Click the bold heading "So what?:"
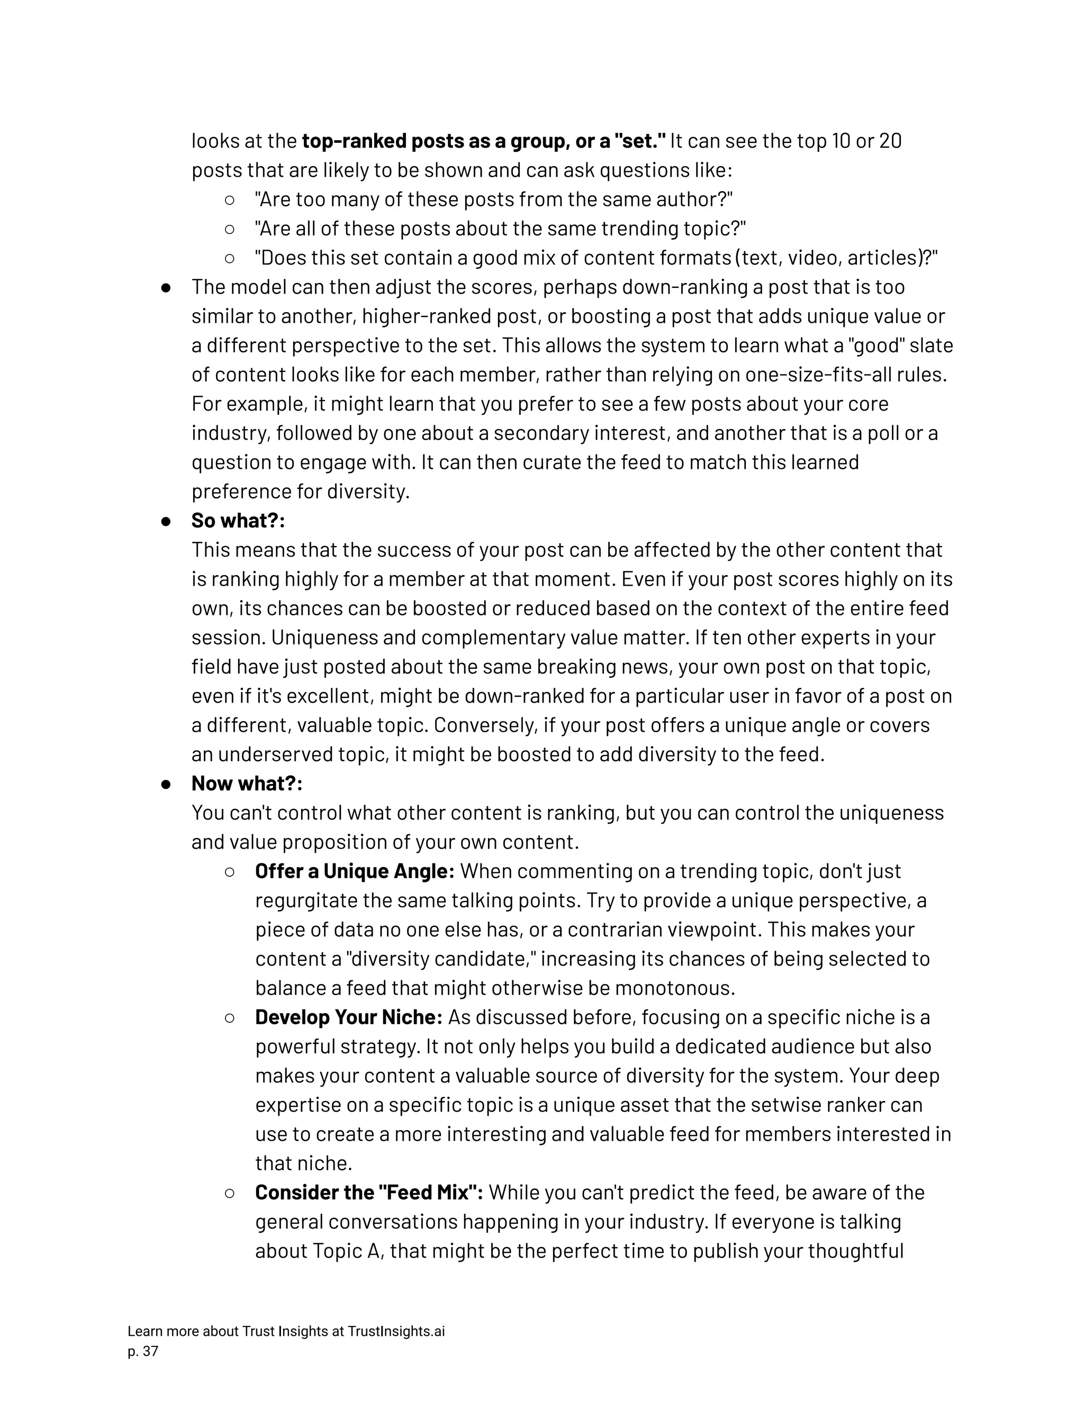point(238,521)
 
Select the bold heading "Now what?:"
point(247,784)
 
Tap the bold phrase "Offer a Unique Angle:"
point(355,871)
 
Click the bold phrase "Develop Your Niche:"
point(349,1017)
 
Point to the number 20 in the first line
point(890,141)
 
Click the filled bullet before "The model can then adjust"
point(166,288)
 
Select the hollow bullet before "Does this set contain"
point(229,258)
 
